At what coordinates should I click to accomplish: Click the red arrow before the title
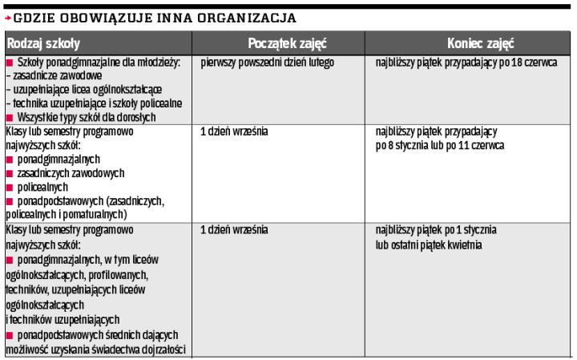pos(7,18)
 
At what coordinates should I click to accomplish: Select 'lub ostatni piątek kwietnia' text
pos(428,245)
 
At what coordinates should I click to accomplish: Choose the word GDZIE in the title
pos(33,17)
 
